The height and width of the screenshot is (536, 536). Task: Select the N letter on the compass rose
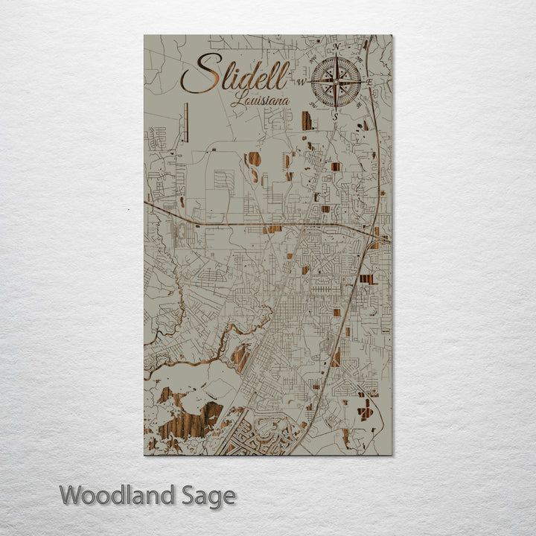tap(336, 48)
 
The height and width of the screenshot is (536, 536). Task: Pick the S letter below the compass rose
tap(335, 116)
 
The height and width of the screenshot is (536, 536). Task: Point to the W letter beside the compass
tap(302, 81)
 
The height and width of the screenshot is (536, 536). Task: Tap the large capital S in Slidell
tap(200, 74)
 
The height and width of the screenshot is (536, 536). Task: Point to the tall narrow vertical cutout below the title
tap(187, 122)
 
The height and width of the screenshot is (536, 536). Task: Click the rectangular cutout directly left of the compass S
tap(307, 121)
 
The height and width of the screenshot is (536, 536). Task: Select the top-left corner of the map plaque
tap(144, 36)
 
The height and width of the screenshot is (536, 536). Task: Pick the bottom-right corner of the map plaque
tap(392, 454)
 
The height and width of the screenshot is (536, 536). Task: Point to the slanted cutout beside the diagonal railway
tap(240, 357)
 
